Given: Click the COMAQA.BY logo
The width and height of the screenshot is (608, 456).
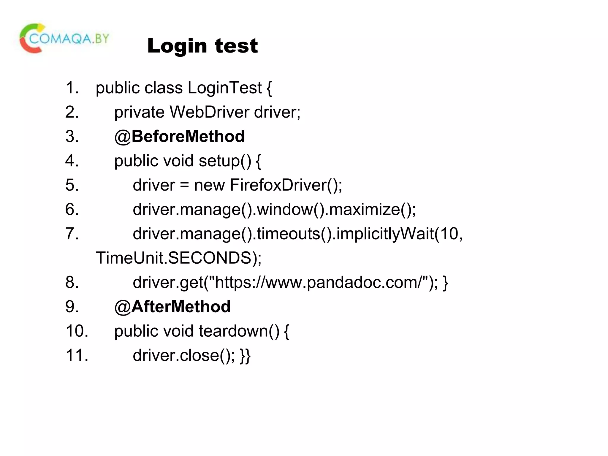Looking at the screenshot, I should tap(64, 39).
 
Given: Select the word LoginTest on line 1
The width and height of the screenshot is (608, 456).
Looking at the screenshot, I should tap(225, 88).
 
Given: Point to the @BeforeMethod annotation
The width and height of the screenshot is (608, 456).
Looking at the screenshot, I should tap(179, 137).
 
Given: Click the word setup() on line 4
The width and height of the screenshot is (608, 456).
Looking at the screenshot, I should tap(225, 161).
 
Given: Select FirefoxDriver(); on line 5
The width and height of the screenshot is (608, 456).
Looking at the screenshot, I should tap(286, 185).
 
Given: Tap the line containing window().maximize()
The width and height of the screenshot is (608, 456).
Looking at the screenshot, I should tap(274, 210).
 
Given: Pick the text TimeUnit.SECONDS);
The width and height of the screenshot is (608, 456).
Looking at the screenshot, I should tap(178, 258).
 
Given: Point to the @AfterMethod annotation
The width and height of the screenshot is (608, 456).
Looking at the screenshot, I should tap(172, 307).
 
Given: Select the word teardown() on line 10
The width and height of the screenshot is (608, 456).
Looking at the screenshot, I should tap(239, 331).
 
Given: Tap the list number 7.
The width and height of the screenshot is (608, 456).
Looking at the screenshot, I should tap(72, 234).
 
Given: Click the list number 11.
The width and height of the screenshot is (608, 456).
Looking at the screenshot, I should tap(77, 355).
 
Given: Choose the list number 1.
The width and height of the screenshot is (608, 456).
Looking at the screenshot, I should tap(72, 88).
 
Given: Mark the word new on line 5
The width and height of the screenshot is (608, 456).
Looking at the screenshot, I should tap(209, 185).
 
